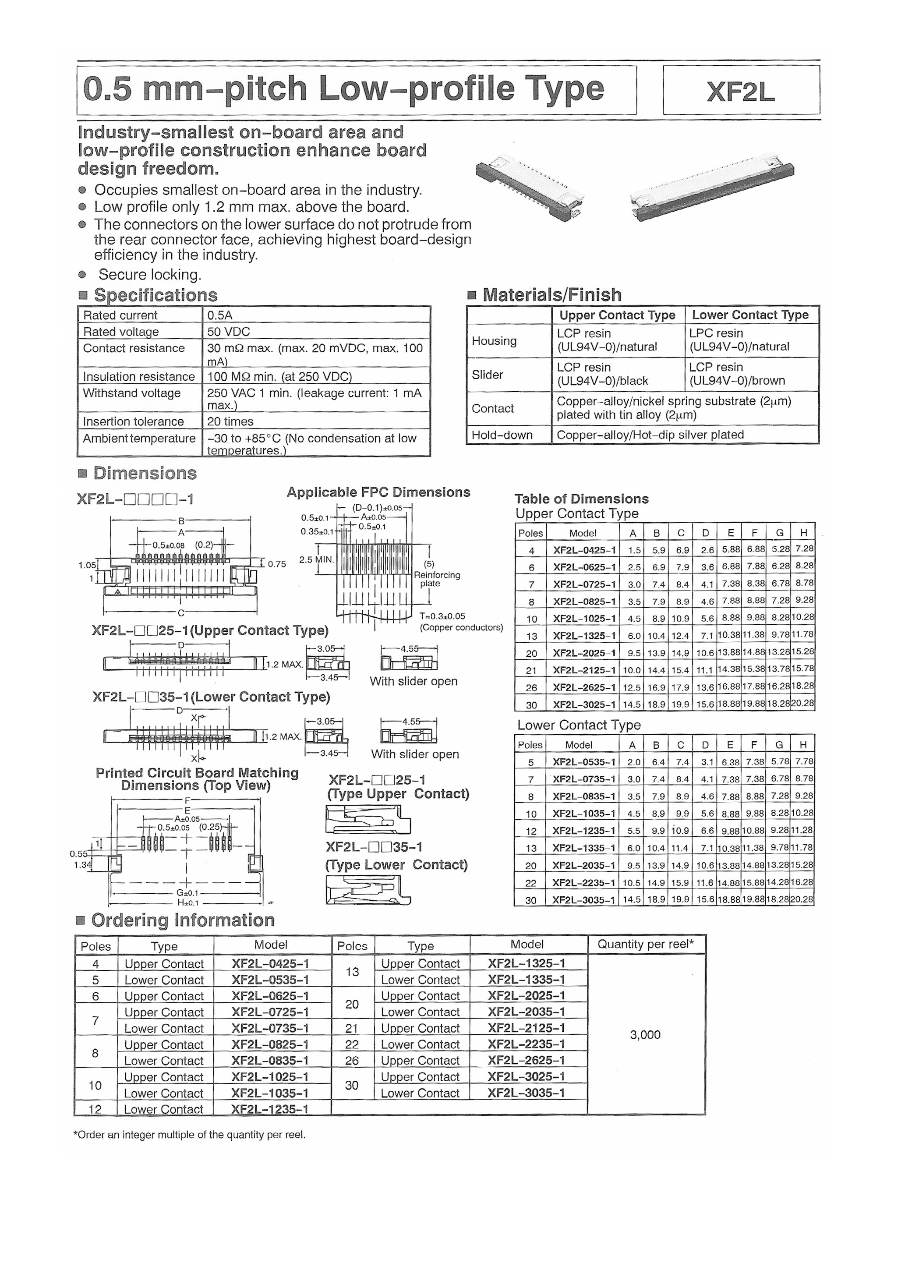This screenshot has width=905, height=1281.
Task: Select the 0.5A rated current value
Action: click(220, 315)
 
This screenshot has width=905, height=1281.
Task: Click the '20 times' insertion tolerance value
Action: click(230, 422)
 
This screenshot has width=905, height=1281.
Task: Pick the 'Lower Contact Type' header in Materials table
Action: click(750, 315)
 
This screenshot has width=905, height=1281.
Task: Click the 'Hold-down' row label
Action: click(502, 435)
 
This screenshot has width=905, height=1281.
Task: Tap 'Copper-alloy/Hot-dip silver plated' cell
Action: click(650, 435)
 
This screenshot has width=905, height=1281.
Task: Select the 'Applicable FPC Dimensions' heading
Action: click(378, 492)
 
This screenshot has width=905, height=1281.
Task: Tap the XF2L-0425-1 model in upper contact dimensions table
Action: click(584, 550)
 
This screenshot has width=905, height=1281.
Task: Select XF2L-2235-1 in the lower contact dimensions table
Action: click(583, 883)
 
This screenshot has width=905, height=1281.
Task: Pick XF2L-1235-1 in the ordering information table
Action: click(270, 1109)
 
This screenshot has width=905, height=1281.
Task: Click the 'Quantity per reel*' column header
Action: click(646, 945)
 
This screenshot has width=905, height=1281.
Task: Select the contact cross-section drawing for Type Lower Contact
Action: click(368, 890)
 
